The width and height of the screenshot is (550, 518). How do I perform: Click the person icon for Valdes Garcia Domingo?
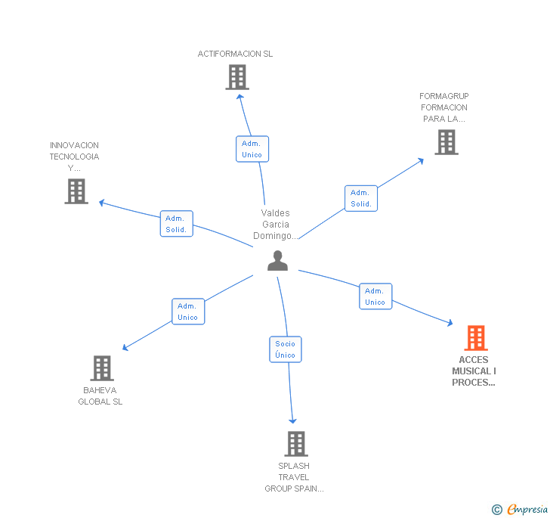tap(278, 261)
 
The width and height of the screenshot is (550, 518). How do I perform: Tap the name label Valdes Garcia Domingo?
tap(276, 225)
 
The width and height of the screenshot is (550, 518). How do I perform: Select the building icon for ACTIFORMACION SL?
tap(237, 77)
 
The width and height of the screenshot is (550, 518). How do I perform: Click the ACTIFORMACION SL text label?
tap(235, 54)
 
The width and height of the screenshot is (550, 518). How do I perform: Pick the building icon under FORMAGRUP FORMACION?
tap(446, 142)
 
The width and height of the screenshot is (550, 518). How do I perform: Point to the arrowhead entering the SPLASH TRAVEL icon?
tap(292, 420)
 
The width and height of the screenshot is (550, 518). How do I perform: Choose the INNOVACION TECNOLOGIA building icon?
tap(76, 191)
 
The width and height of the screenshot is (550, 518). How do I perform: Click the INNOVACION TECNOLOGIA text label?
tap(74, 157)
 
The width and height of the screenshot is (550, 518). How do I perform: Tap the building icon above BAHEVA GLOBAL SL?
tap(102, 368)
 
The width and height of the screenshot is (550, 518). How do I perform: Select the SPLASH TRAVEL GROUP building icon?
tap(296, 444)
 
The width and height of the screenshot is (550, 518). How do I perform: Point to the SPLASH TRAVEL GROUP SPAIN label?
tap(294, 477)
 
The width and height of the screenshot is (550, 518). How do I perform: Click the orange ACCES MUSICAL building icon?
tap(475, 338)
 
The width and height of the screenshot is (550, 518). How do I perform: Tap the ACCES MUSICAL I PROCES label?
tap(474, 371)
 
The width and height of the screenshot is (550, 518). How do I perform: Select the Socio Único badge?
tap(286, 349)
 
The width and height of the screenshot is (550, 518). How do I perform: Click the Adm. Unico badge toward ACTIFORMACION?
tap(252, 149)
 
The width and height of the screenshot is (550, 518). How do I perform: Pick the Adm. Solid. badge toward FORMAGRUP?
tap(360, 198)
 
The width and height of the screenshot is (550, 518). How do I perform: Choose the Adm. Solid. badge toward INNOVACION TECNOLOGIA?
tap(176, 224)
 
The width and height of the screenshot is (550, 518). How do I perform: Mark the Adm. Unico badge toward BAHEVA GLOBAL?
tap(187, 312)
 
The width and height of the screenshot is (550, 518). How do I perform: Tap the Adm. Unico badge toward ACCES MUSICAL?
tap(375, 296)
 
